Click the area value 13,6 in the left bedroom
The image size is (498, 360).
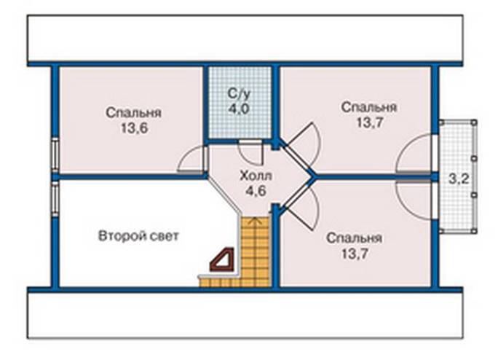pos(134,128)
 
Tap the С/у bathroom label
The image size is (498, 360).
pos(239,93)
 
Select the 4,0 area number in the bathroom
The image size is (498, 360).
pos(239,109)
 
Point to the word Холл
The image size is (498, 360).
pos(256,176)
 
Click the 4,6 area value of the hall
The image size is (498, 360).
pos(256,191)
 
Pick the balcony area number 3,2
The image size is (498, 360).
pos(459,179)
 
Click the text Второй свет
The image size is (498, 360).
pos(138,236)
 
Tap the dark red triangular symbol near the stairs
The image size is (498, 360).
pos(223,259)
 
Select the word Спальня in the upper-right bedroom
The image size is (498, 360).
pos(369,107)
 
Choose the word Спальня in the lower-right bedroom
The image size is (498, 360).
pos(354,238)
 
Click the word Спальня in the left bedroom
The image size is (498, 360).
pos(134,113)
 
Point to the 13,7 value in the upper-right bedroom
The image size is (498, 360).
pos(369,122)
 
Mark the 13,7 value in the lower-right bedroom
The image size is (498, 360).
pos(354,254)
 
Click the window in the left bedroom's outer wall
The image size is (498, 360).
pos(55,156)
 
